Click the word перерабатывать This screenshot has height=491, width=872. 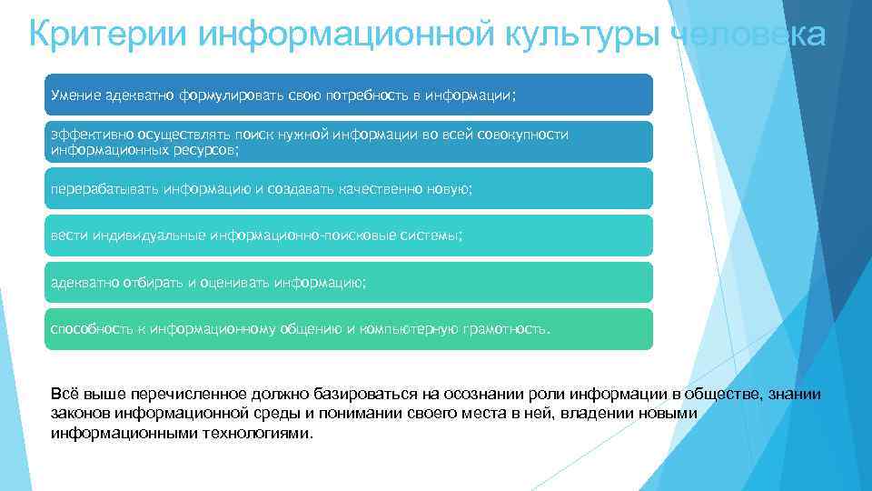coord(104,189)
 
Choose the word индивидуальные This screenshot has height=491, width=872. coord(145,235)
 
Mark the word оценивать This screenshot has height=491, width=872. coord(232,283)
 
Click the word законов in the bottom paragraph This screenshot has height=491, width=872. coord(80,414)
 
